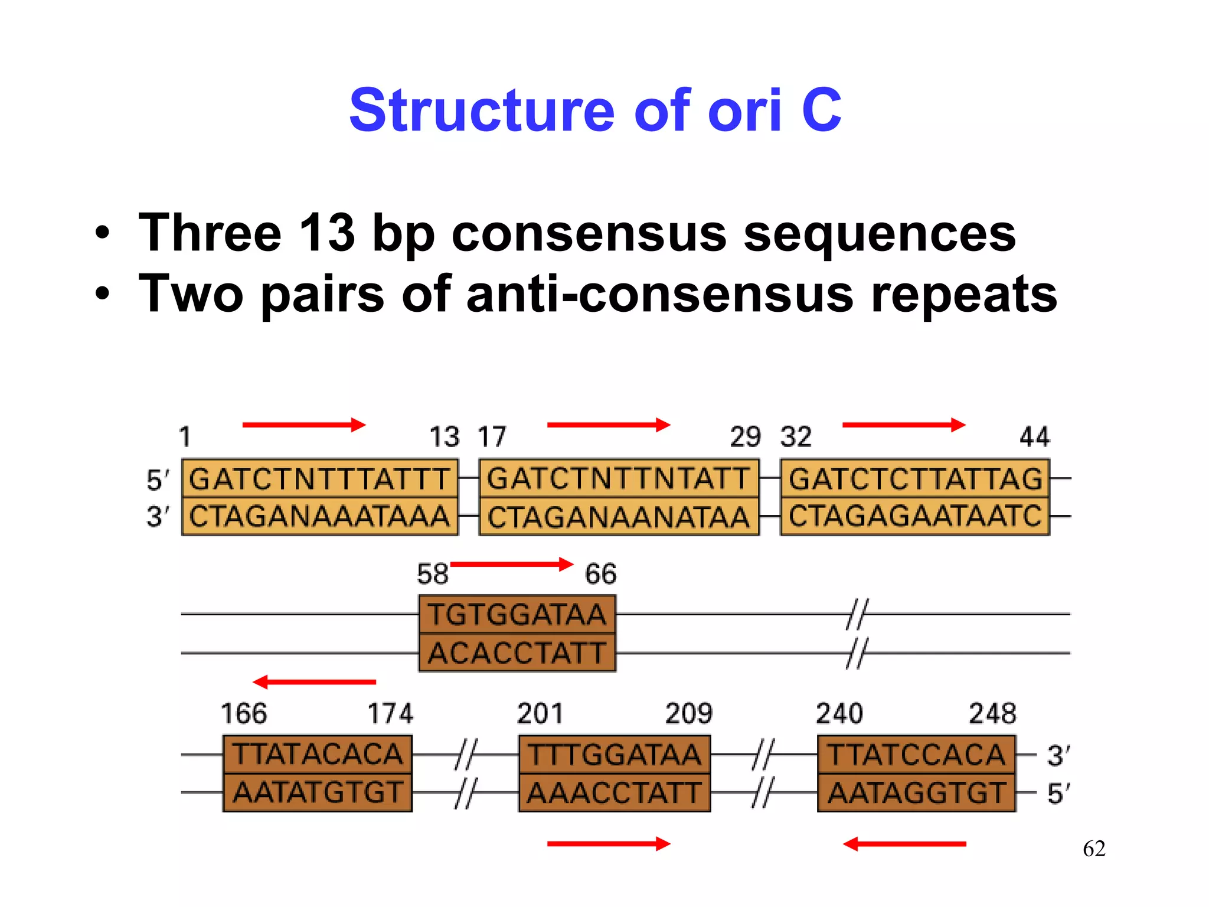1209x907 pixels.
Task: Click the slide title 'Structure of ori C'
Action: point(595,110)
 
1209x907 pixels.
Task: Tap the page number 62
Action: point(1094,849)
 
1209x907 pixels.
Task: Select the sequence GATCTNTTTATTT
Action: point(319,479)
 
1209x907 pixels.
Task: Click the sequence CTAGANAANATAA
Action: point(618,517)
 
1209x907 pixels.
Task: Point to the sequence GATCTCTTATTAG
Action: point(915,479)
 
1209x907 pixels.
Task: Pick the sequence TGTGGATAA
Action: point(517,614)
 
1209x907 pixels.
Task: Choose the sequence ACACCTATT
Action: point(517,653)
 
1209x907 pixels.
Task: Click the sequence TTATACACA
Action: point(318,754)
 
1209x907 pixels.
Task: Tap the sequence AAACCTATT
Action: point(615,792)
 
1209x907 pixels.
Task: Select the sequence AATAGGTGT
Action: point(916,792)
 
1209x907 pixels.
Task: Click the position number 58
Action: point(432,574)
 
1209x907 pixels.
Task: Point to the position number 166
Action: point(243,713)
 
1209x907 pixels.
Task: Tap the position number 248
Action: point(992,713)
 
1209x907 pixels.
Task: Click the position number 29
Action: point(745,437)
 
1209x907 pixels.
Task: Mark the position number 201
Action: point(540,713)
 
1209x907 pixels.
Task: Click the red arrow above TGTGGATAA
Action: point(511,564)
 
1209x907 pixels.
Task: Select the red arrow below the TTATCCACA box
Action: point(904,844)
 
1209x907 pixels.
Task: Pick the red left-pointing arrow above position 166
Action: point(314,682)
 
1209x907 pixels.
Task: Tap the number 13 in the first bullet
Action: point(326,233)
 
